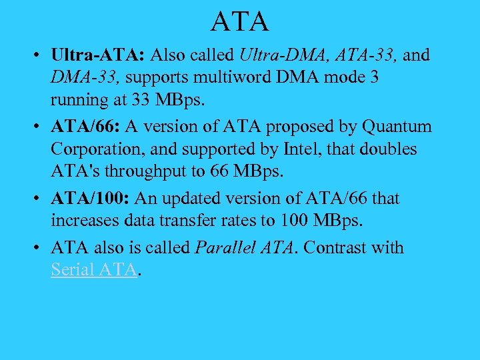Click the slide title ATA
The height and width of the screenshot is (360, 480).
click(240, 21)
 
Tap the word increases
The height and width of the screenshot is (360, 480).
click(85, 221)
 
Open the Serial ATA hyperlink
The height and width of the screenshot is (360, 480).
click(95, 270)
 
